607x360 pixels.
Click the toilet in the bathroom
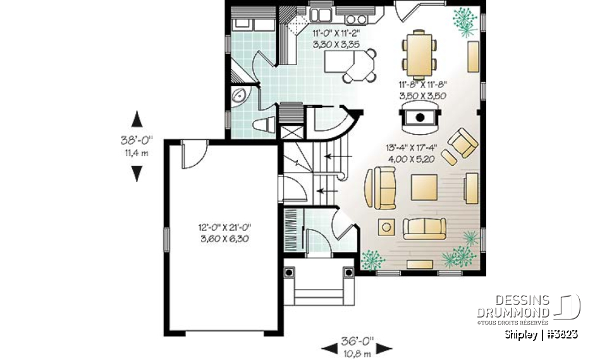(x=261, y=124)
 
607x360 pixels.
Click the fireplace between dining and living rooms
(x=418, y=117)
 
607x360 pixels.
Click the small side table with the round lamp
(x=385, y=226)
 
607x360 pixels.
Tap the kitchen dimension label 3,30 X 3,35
(x=336, y=45)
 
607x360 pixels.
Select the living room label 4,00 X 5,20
(x=410, y=159)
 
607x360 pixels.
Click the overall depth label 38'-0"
(x=136, y=141)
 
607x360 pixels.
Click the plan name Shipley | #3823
(x=541, y=334)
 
